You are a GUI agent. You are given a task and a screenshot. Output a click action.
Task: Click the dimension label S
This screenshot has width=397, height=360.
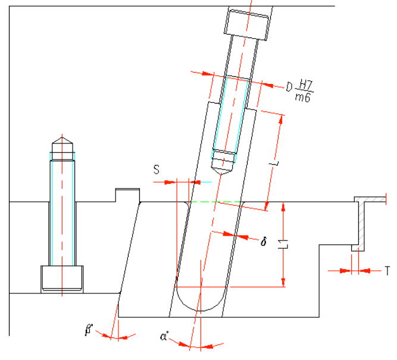(157, 170)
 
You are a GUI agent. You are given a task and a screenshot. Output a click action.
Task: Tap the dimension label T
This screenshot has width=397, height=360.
(387, 271)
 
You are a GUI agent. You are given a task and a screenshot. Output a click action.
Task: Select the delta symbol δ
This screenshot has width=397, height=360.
(264, 242)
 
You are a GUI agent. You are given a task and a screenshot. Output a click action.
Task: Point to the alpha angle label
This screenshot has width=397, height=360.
(164, 336)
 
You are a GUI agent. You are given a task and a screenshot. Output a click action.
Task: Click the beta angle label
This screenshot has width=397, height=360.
(89, 330)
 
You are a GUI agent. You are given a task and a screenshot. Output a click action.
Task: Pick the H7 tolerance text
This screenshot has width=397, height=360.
(305, 85)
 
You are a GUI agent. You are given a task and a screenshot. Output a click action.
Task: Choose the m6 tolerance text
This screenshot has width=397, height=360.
(302, 97)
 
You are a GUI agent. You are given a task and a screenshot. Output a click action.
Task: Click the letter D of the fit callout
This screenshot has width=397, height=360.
(289, 87)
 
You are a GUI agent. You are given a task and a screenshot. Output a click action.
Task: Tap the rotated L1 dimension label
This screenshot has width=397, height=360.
(283, 244)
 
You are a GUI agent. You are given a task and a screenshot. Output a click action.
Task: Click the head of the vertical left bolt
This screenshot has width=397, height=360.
(62, 279)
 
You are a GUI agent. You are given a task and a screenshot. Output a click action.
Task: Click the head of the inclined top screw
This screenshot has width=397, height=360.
(246, 24)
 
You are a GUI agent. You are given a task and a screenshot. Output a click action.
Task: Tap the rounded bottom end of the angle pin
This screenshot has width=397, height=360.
(200, 301)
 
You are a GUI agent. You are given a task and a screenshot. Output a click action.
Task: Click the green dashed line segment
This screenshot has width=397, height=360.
(216, 202)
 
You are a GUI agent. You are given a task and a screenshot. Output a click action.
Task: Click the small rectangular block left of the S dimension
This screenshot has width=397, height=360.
(127, 195)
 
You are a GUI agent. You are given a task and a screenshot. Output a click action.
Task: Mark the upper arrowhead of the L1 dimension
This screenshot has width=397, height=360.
(283, 206)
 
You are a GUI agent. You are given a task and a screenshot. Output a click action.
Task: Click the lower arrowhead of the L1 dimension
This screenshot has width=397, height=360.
(283, 282)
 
